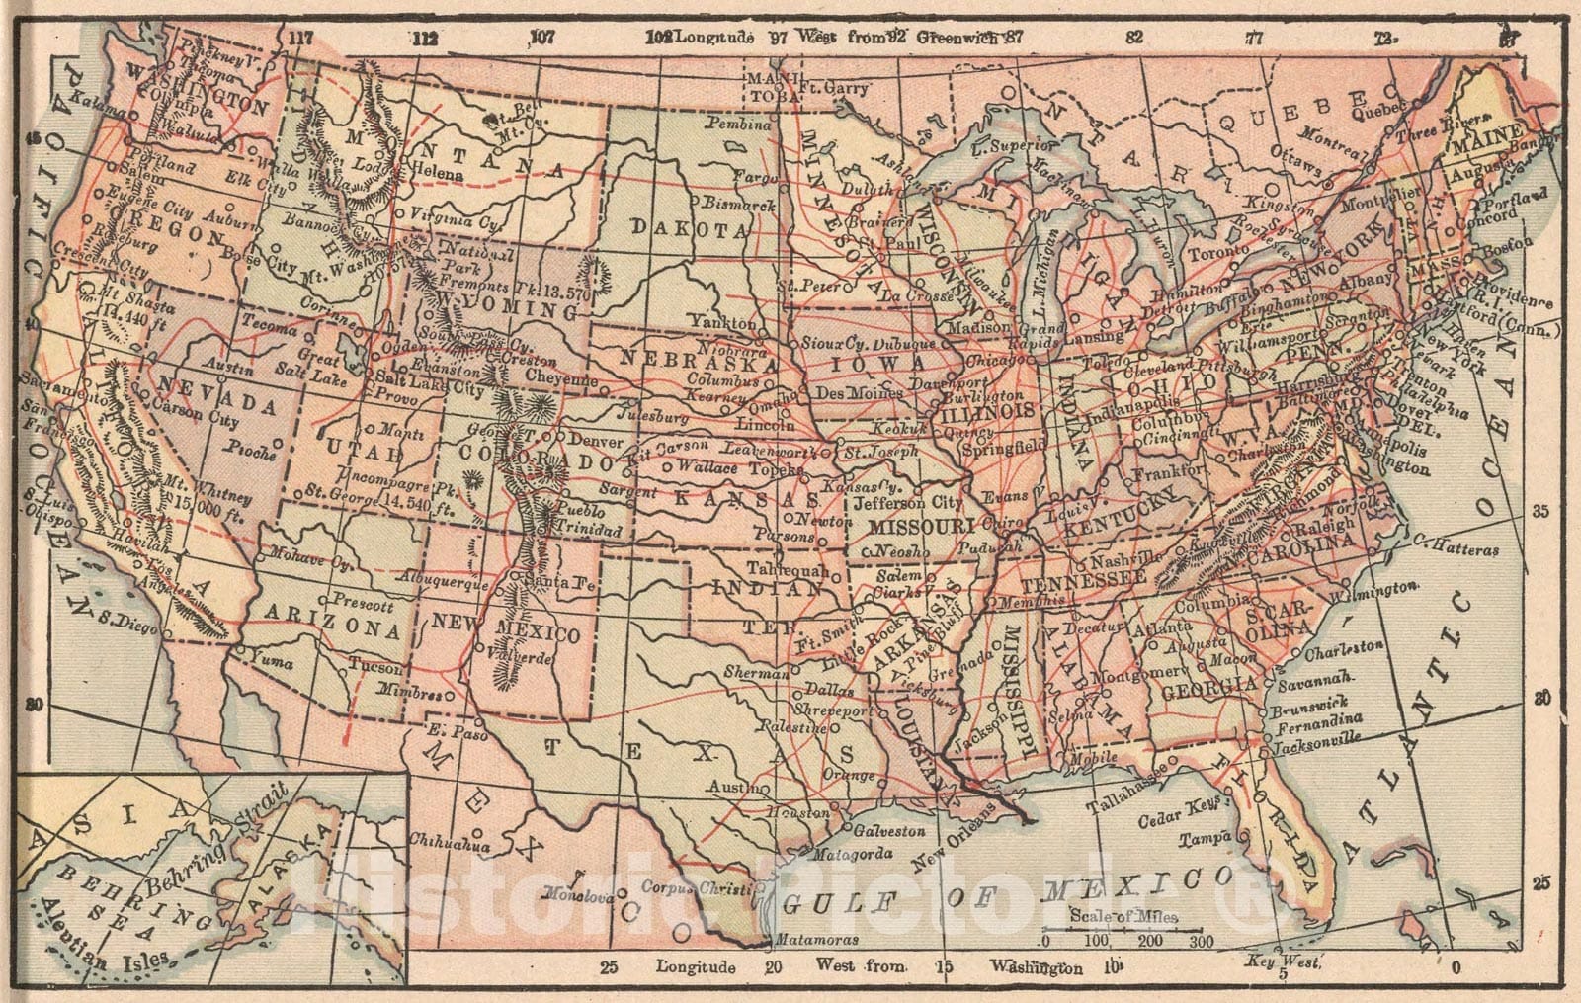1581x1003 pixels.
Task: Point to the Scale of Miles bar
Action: [1123, 931]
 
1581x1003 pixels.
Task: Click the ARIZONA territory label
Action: [332, 627]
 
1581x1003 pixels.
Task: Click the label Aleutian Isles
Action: [94, 943]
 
